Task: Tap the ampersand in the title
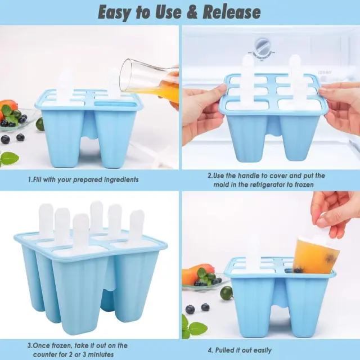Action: coord(192,12)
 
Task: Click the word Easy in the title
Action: coord(115,13)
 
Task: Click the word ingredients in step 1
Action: coord(121,179)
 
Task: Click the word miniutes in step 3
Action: coord(98,354)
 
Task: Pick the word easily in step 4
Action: coord(260,350)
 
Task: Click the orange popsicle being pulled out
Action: coord(316,255)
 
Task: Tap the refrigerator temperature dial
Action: coord(263,49)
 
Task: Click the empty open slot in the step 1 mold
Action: coord(116,105)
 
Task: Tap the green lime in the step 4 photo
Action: coord(227,292)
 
